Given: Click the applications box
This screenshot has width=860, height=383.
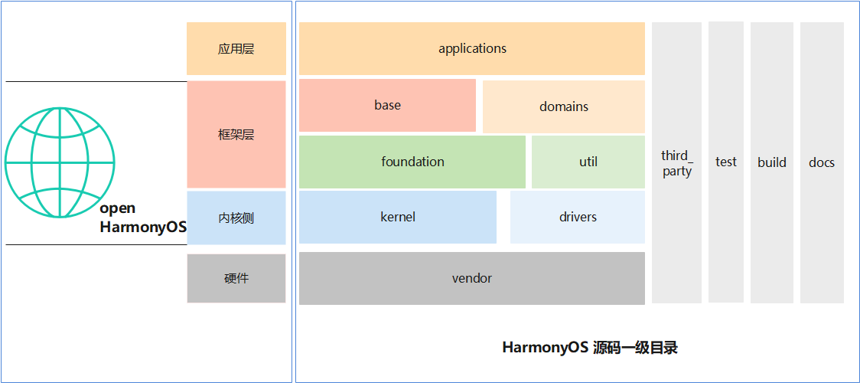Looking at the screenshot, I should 472,48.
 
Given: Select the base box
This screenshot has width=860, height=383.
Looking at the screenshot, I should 387,105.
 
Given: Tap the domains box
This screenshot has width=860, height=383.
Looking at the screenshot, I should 564,106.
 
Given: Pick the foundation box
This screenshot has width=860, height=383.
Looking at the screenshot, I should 412,162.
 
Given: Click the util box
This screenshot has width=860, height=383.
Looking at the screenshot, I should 588,162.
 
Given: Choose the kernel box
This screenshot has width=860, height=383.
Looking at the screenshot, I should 398,217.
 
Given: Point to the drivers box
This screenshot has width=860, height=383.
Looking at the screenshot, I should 578,217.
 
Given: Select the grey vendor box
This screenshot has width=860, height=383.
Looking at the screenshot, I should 472,278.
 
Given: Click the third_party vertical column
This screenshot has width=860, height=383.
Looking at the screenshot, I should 677,162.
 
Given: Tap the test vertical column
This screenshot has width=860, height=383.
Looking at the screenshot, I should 726,162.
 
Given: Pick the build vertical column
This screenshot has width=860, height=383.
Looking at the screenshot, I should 772,162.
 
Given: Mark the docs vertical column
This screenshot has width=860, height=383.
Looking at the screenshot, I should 822,162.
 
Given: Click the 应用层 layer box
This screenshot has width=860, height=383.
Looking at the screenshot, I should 236,48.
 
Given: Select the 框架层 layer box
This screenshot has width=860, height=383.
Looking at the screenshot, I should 236,135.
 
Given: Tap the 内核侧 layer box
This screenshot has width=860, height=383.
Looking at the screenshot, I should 236,218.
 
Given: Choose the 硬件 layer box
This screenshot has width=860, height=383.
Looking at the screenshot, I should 236,278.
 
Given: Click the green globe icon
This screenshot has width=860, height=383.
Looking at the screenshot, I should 60,162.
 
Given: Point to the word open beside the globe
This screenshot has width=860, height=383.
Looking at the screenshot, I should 118,208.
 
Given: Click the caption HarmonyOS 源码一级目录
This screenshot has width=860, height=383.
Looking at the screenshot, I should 590,348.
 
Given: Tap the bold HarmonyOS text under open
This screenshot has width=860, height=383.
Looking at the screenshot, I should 143,228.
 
